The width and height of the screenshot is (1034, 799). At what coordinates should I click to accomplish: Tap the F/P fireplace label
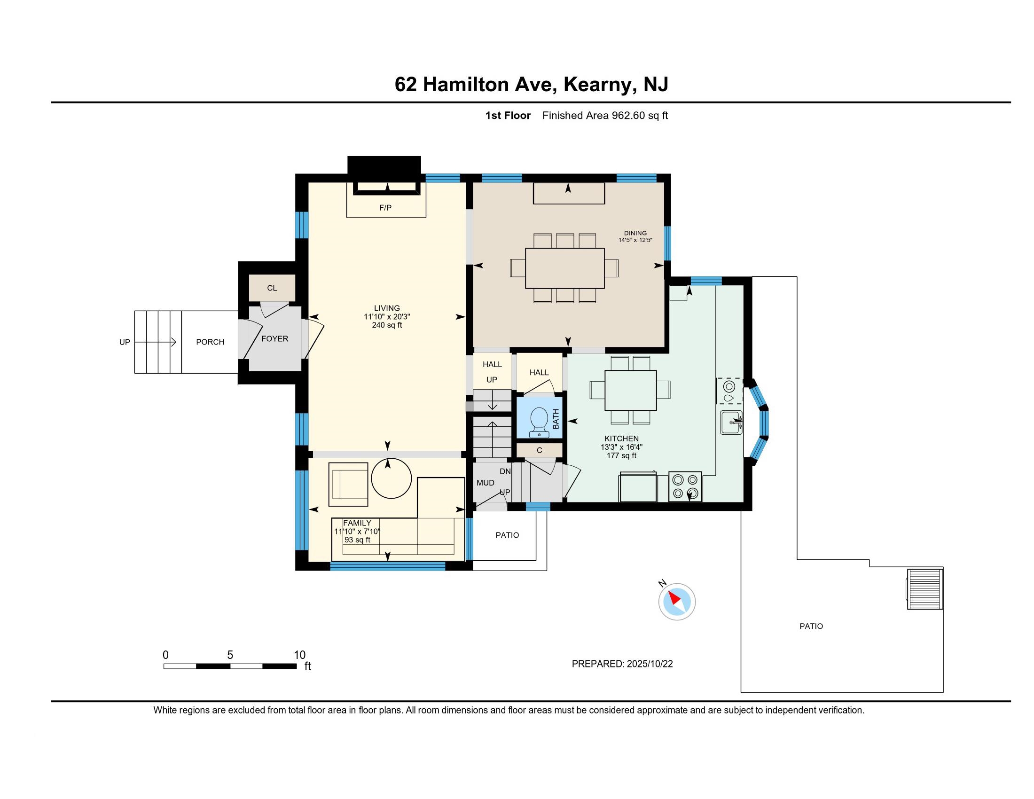coord(385,208)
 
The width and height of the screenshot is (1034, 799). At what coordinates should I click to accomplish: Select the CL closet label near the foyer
coord(272,288)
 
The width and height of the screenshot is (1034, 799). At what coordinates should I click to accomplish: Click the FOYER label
coord(274,339)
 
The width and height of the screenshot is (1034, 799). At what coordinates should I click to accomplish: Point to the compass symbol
coord(676,601)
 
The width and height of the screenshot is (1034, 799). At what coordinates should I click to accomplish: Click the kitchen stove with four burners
coord(685,486)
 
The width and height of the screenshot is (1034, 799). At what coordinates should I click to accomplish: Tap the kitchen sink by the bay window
coord(732,422)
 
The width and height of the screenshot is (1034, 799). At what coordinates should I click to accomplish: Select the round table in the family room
coord(391,478)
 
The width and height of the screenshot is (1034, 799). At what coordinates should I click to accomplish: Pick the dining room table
coord(565,268)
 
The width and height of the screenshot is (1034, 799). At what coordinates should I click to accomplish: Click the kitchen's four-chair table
coord(631,391)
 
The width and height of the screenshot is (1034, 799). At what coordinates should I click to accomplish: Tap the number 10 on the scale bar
coord(300,655)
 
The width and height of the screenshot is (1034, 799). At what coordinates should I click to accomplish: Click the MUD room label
coord(486,483)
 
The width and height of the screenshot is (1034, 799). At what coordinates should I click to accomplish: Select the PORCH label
coord(210,342)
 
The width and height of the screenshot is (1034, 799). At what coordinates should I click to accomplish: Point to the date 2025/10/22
coord(650,664)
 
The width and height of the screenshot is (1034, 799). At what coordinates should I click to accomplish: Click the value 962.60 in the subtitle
coord(628,116)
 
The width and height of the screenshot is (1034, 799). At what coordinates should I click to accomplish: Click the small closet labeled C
coord(539,450)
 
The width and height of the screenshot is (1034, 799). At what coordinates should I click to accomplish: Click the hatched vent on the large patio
coord(924,589)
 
